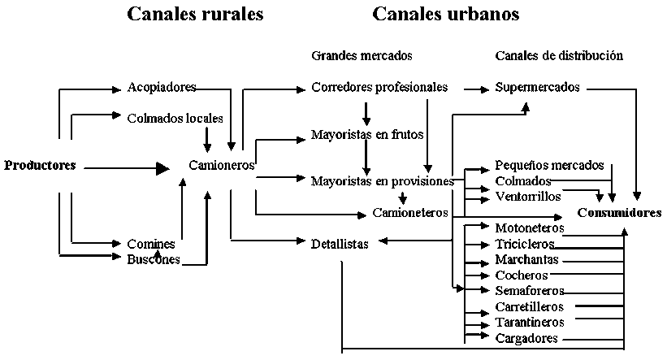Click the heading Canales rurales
pos(195,15)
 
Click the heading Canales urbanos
pos(446,15)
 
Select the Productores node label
pos(40,166)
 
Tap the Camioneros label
pos(222,165)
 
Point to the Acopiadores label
pos(162,87)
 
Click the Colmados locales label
pos(175,119)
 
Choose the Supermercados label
pos(537,87)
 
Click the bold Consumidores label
pos(620,213)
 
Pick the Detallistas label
pos(340,243)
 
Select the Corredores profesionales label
pos(379,87)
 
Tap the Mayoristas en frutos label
pos(367,134)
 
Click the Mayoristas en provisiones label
pos(382,180)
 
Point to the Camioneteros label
pos(410,213)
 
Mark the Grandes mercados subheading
pos(362,56)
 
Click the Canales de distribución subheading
pos(559,56)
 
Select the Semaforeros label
pos(529,290)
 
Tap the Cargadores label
pos(526,338)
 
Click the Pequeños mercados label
pos(549,165)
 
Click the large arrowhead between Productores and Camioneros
pos(162,168)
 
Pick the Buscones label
pos(154,259)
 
